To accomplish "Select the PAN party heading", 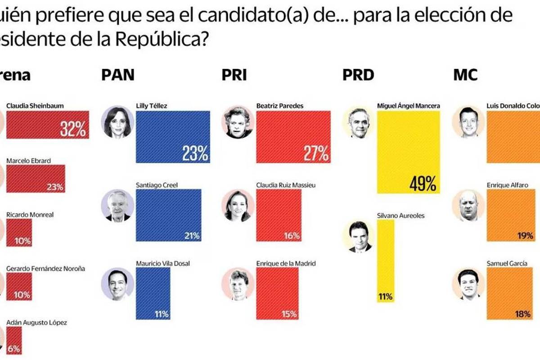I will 117,74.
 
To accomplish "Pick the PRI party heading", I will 234,74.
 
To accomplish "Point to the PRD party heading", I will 358,74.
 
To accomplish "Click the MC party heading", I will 465,74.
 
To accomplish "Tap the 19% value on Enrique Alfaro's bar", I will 524,235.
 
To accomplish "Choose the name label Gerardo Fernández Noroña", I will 45,268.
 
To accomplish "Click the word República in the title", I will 161,40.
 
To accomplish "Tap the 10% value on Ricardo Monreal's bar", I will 22,241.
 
